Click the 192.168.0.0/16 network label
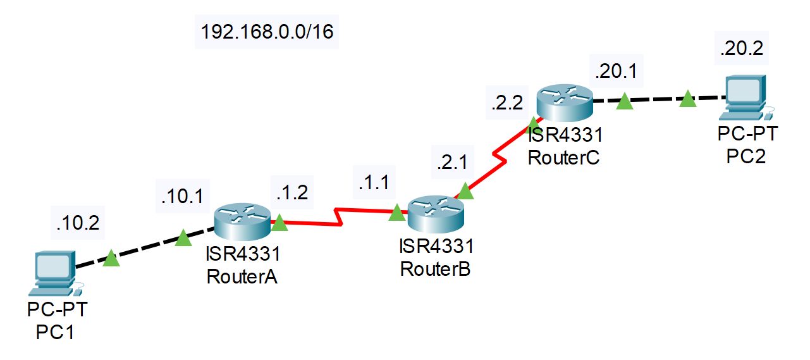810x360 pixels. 266,31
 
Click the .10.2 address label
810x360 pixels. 77,223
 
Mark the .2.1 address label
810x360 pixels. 451,163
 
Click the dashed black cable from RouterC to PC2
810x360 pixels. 658,100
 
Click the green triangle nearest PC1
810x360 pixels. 111,258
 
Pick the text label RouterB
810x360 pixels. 436,269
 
